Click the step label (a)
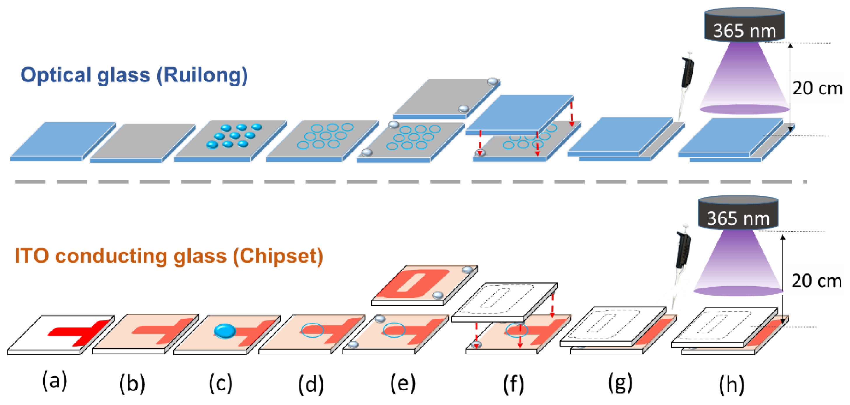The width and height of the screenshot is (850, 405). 55,380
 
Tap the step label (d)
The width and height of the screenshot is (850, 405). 311,384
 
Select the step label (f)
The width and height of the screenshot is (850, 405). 513,384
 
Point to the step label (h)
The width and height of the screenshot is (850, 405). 732,384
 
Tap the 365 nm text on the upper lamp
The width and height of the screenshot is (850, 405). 744,31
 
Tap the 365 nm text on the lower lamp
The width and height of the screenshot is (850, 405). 738,219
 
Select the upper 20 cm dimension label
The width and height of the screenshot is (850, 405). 817,88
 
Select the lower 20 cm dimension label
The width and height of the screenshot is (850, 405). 816,281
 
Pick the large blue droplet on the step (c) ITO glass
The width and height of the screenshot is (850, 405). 225,331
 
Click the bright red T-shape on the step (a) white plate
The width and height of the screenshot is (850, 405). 81,332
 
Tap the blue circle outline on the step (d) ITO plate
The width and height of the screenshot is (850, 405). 312,330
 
